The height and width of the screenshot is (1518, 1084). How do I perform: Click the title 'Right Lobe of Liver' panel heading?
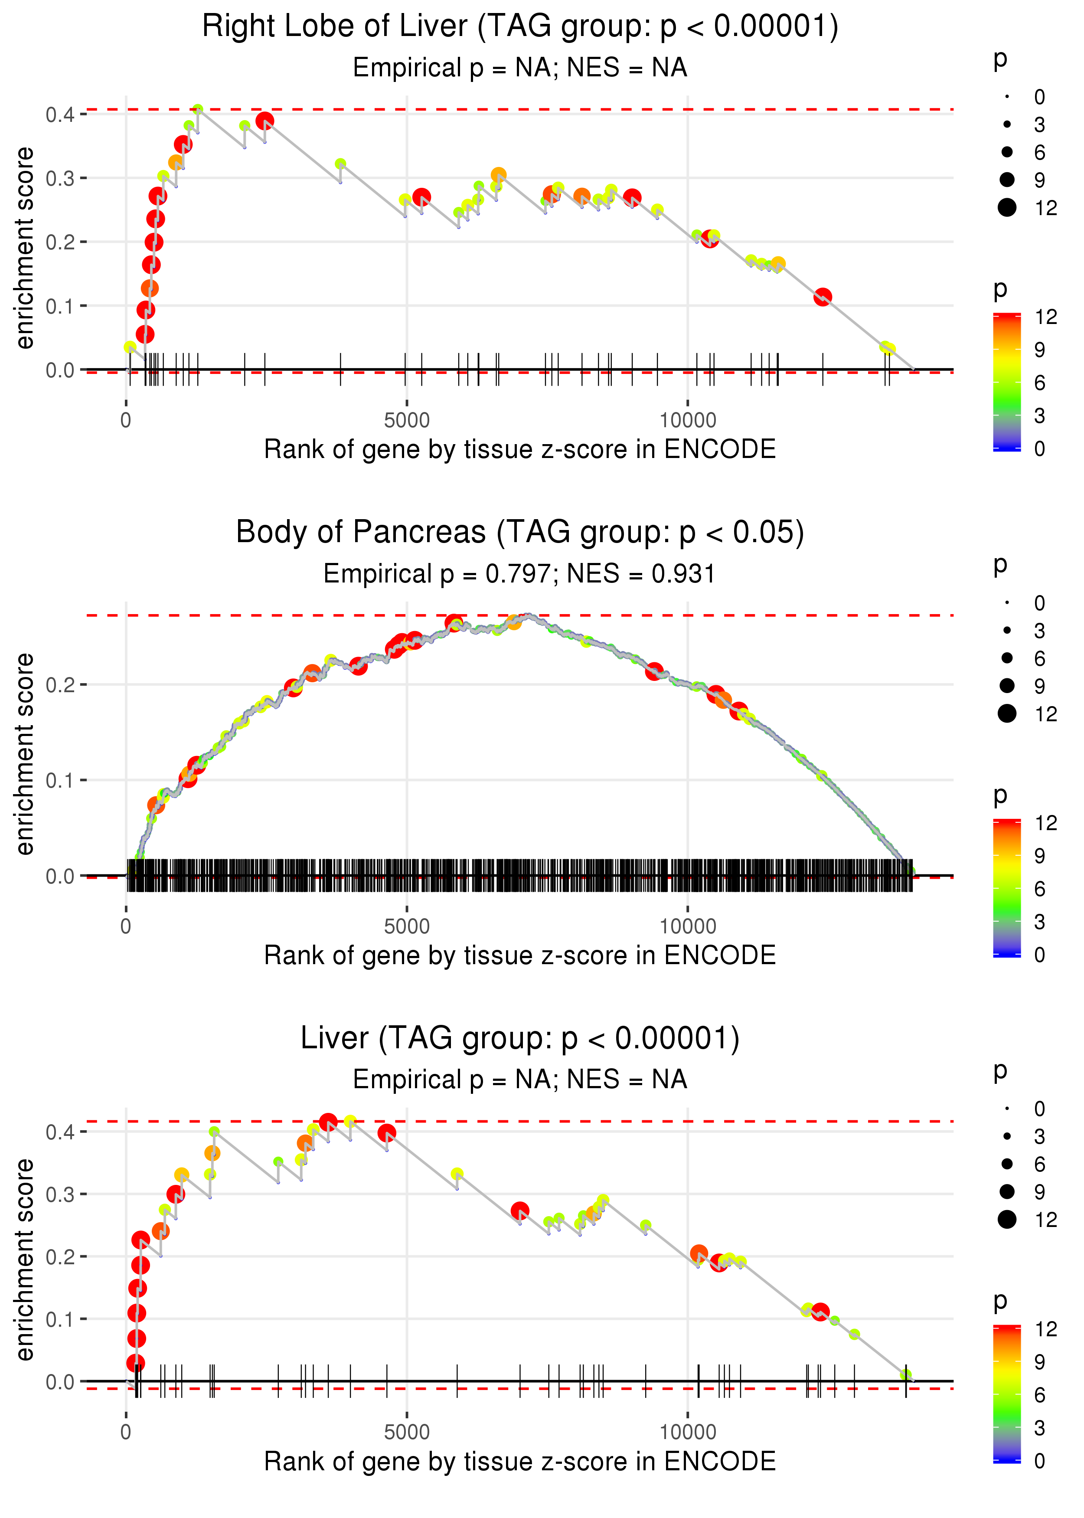pos(520,27)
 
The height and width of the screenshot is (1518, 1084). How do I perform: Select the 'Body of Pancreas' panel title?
pos(520,533)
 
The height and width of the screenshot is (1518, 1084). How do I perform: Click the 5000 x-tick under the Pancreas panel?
pos(407,926)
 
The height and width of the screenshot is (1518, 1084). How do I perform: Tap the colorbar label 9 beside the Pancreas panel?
pos(1040,856)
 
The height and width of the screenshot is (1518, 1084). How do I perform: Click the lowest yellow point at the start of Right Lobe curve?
pos(130,347)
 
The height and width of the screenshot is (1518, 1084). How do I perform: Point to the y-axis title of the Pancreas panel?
pos(25,754)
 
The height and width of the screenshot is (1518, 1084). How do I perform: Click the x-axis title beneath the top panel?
pos(520,449)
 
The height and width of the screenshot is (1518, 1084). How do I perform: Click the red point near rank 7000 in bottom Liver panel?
pos(520,1210)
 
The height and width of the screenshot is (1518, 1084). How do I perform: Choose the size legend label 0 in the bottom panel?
pos(1040,1109)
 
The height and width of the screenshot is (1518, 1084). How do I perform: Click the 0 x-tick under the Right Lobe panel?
pos(126,421)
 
